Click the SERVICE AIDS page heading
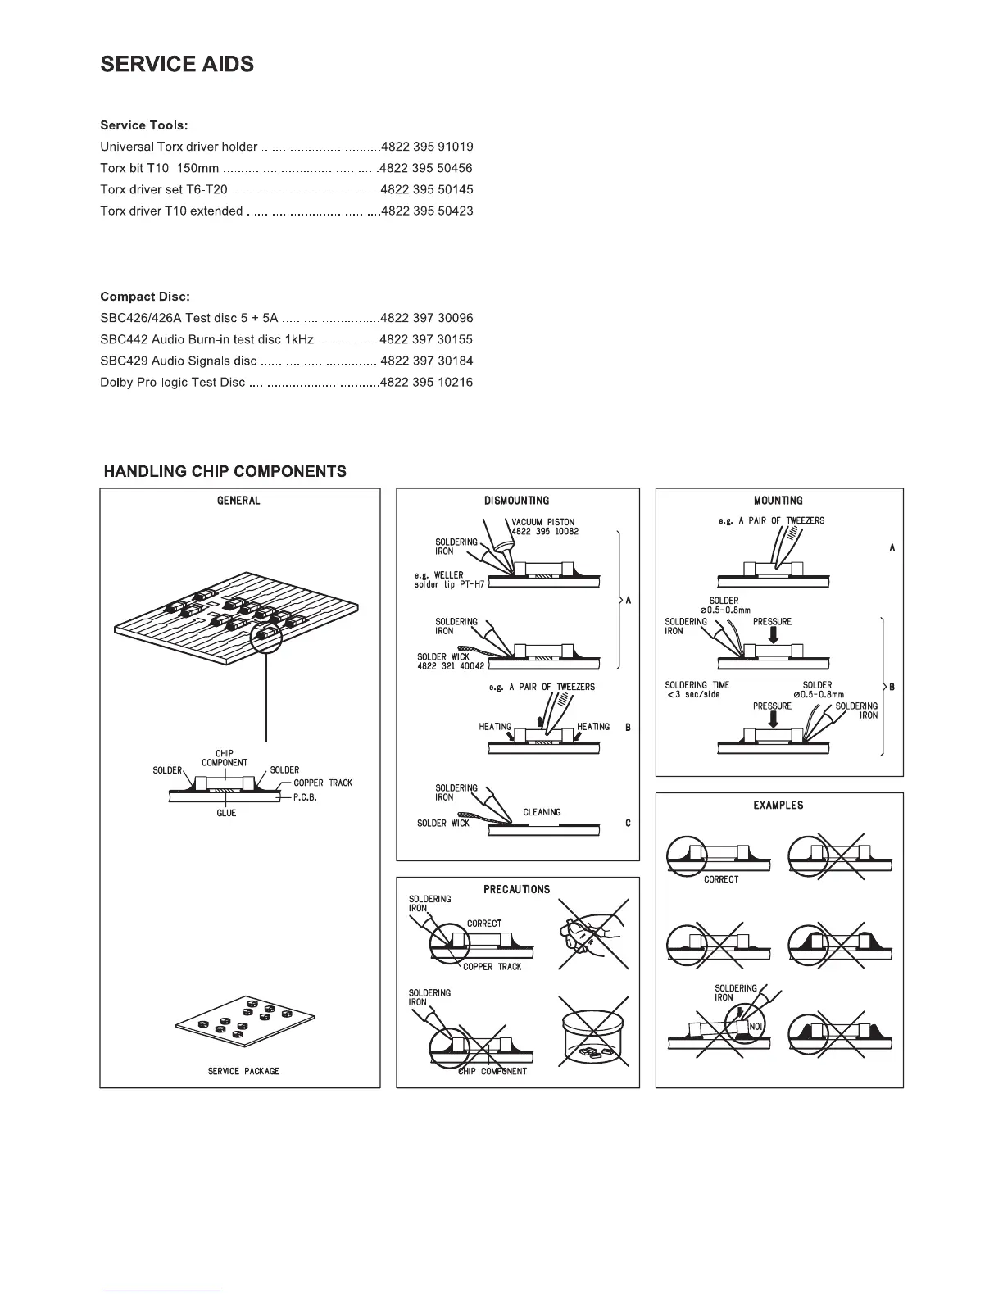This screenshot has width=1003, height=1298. [x=177, y=65]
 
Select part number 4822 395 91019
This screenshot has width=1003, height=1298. [x=427, y=147]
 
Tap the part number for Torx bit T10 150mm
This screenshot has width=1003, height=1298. [x=427, y=169]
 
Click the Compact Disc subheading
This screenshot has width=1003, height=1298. [x=145, y=297]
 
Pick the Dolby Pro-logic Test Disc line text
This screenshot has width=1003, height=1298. [x=172, y=383]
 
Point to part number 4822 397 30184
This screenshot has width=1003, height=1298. [x=427, y=361]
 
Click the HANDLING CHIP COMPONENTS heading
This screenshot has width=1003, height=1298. [x=225, y=472]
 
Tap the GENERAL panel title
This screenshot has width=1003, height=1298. [x=238, y=501]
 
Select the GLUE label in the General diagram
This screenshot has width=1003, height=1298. [x=226, y=813]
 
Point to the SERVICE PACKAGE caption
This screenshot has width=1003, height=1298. [x=243, y=1071]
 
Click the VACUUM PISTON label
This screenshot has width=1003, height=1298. [x=543, y=522]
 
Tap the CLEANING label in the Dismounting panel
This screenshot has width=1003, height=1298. [x=542, y=812]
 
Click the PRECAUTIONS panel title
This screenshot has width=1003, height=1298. [x=516, y=889]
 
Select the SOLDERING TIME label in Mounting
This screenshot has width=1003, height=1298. [x=697, y=685]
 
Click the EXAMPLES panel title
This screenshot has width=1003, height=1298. [x=778, y=806]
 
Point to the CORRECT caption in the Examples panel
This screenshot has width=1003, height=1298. [x=721, y=879]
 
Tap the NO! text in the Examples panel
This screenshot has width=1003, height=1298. [x=756, y=1028]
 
